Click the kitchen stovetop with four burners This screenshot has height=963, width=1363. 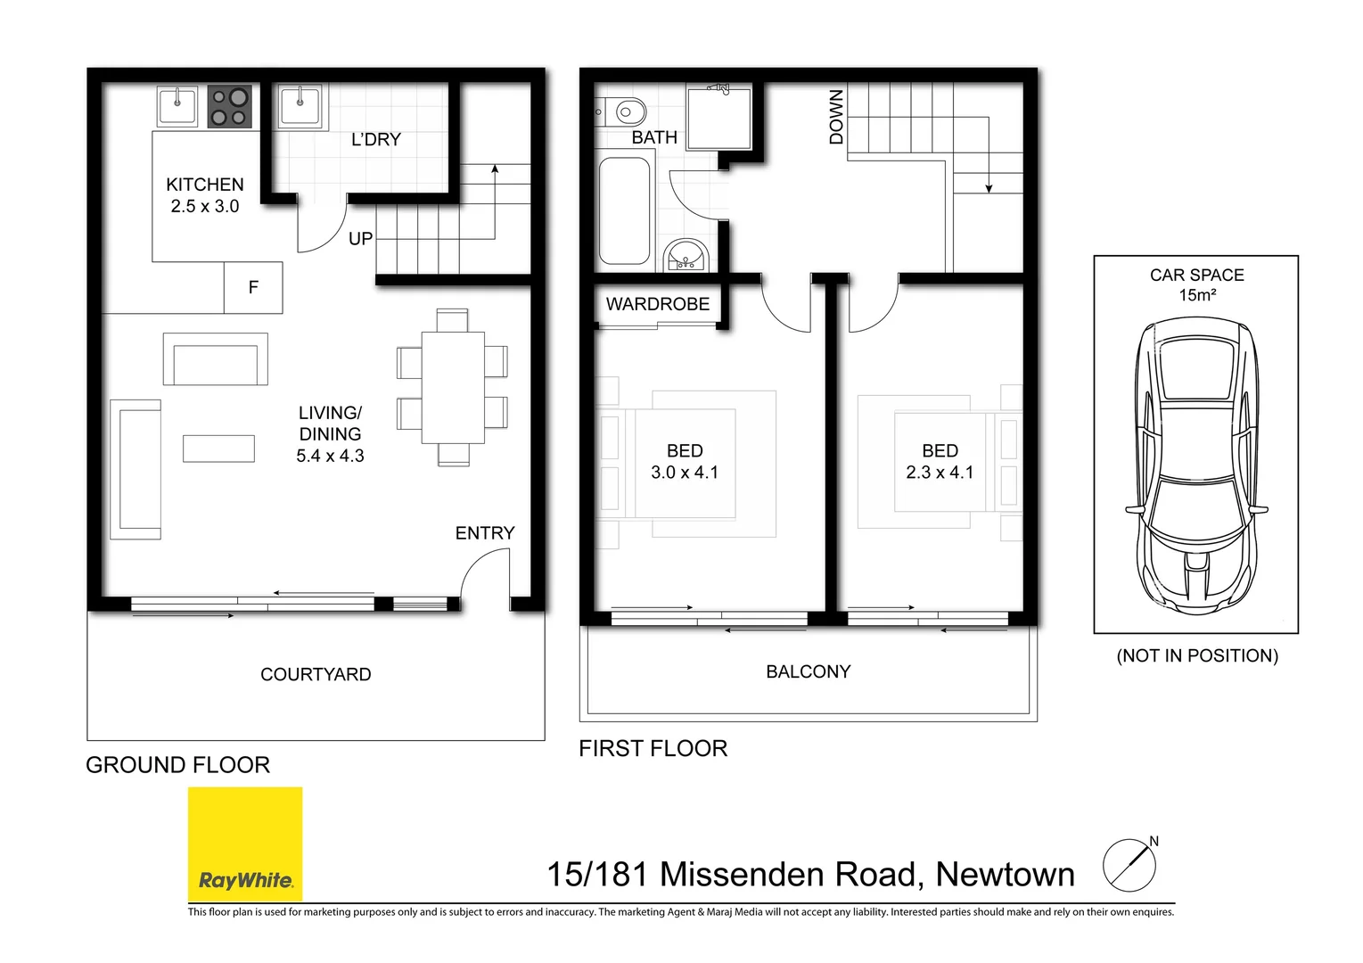click(229, 106)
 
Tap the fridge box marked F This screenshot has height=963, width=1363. click(253, 287)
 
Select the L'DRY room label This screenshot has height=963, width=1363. click(376, 139)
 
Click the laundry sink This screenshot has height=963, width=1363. click(300, 106)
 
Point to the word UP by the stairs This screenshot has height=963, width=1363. click(360, 239)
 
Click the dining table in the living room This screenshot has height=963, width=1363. click(453, 388)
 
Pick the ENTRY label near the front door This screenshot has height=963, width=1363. click(485, 533)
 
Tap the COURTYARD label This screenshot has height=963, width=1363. click(316, 674)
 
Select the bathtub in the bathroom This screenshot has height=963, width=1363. click(624, 210)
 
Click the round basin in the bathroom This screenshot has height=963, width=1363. click(686, 255)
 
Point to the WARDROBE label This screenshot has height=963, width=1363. click(658, 304)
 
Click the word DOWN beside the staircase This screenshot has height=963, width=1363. click(837, 117)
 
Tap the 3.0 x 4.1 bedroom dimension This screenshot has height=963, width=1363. click(685, 473)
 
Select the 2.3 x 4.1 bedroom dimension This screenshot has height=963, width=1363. click(940, 473)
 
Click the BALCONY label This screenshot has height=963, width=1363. click(808, 671)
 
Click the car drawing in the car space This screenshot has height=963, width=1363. click(1196, 465)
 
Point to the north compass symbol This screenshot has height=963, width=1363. click(1131, 864)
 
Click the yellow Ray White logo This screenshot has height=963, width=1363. click(245, 844)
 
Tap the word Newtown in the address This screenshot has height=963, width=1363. click(1005, 875)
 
